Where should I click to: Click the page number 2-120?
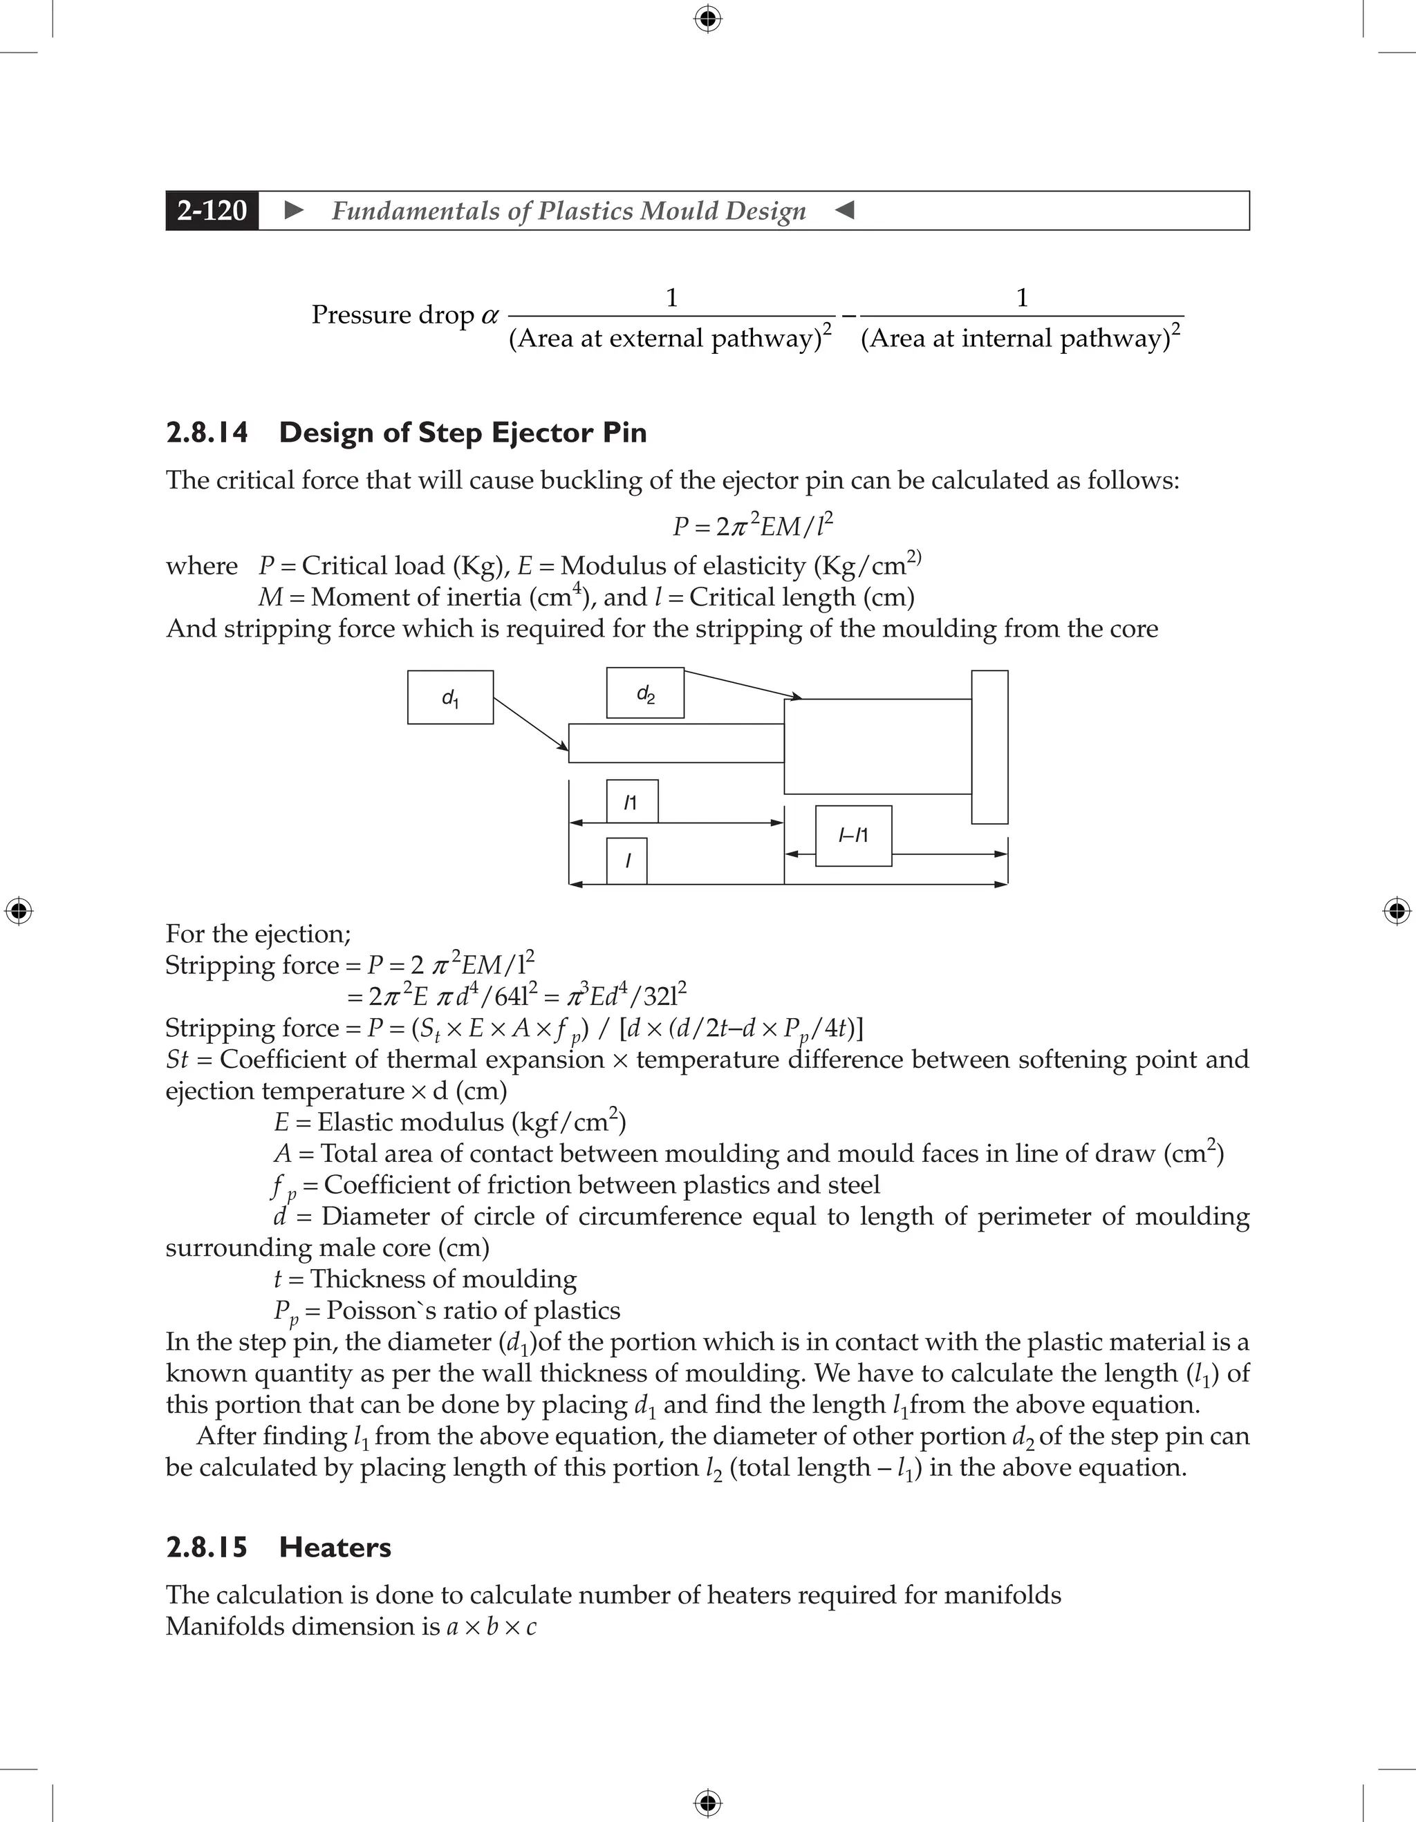point(212,210)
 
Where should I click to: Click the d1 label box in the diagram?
point(449,697)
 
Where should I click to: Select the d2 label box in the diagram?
point(645,693)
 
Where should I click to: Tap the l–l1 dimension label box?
point(853,835)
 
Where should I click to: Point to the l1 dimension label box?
point(632,802)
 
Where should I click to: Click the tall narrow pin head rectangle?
point(989,746)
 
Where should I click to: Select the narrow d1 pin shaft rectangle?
point(676,742)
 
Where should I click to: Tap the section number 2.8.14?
point(207,432)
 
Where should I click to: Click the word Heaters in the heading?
point(335,1547)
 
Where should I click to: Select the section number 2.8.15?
point(207,1547)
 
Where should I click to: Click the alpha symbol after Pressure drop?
point(490,315)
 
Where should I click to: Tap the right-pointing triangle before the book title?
point(294,210)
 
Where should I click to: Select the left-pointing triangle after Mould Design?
point(844,210)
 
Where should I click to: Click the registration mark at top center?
point(707,19)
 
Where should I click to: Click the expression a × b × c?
point(492,1626)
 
